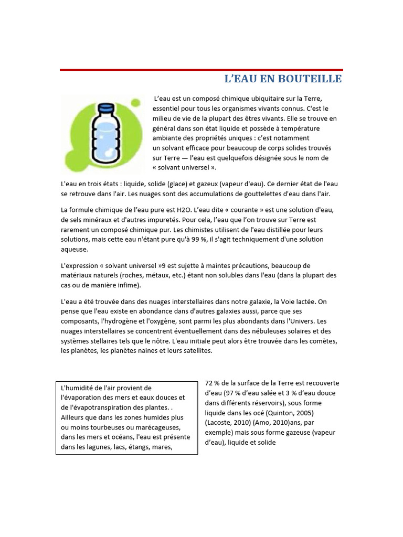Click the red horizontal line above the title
pyautogui.click(x=201, y=70)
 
